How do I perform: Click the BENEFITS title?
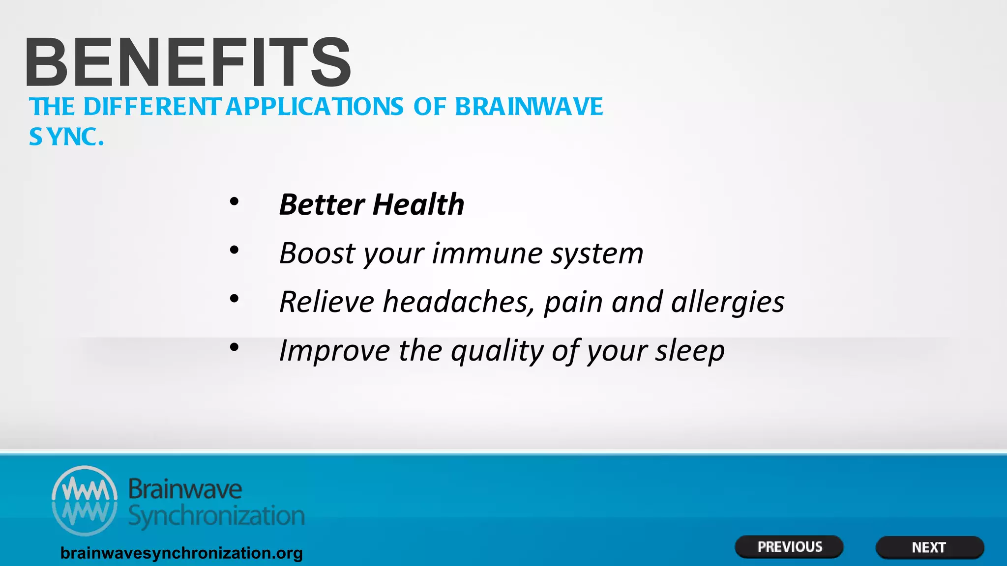pos(188,62)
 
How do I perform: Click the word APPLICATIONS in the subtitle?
pos(315,107)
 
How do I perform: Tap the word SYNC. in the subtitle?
pos(66,137)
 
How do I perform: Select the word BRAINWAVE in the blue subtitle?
pos(529,107)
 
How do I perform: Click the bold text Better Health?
pos(371,204)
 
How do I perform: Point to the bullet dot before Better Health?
pos(234,201)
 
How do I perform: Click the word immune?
pos(486,254)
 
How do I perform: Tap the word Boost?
pos(317,254)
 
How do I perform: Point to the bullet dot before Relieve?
pos(234,299)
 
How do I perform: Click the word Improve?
pos(334,351)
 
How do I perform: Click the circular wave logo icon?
pos(85,500)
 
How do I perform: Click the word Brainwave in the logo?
pos(185,489)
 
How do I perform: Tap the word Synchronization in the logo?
pos(216,516)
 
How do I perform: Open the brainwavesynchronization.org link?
pos(181,553)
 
